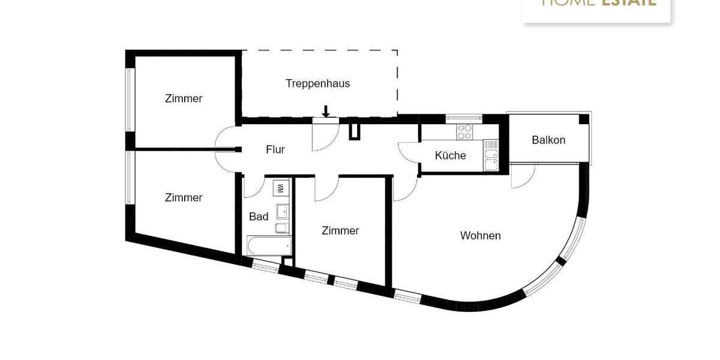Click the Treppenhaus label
pos(317,83)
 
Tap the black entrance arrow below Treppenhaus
pos(326,111)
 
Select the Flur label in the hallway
pos(275,149)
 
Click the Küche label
pos(450,155)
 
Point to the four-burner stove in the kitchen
pos(464,131)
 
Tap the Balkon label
pos(548,140)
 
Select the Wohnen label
pos(480,236)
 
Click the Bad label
pos(259,217)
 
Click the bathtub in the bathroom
pos(269,245)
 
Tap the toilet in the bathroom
pos(281,228)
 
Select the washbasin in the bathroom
pos(282,211)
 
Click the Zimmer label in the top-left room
pos(184,98)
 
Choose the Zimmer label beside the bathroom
pos(340,230)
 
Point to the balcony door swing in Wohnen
pos(522,176)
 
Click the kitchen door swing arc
pos(408,152)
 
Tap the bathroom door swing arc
pos(252,187)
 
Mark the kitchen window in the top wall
pos(464,118)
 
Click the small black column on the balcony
pos(583,119)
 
